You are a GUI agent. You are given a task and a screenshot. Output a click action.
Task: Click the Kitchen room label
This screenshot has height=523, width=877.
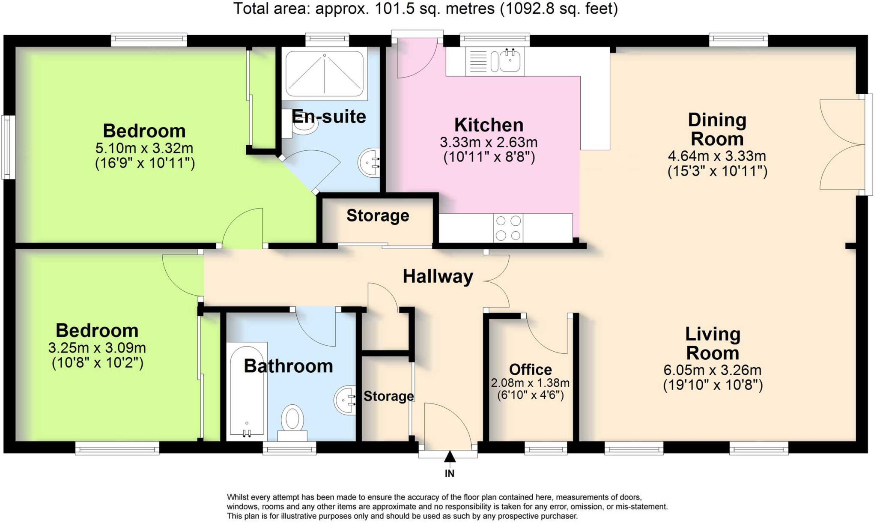[x=489, y=125]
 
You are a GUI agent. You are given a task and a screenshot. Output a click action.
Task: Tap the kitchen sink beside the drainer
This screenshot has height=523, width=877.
[x=510, y=61]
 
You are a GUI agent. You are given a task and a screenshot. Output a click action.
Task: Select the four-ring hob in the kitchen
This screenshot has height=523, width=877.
[x=508, y=228]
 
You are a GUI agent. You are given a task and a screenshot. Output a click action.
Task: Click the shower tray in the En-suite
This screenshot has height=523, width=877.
[x=324, y=74]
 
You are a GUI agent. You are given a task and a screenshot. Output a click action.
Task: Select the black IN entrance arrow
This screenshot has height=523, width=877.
[x=450, y=457]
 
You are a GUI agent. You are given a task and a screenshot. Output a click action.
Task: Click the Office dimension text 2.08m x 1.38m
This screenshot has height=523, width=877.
[x=530, y=383]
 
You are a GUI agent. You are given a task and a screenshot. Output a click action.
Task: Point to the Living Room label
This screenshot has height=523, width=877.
[x=713, y=344]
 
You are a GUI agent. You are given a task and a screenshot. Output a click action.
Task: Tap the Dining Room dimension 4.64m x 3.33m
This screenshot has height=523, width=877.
[x=717, y=156]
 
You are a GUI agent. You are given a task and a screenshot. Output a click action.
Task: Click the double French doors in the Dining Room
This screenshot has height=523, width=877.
[x=839, y=144]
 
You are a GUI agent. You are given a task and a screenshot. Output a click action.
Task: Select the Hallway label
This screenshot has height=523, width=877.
[x=438, y=276]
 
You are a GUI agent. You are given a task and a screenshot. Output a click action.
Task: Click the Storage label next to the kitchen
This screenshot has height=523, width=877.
[x=378, y=215]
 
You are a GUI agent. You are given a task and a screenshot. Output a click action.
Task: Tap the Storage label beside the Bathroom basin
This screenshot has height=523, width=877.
[x=388, y=396]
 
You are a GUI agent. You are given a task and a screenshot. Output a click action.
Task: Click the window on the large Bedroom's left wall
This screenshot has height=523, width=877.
[x=7, y=147]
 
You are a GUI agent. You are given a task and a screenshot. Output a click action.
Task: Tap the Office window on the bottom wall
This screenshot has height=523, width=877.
[x=546, y=449]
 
